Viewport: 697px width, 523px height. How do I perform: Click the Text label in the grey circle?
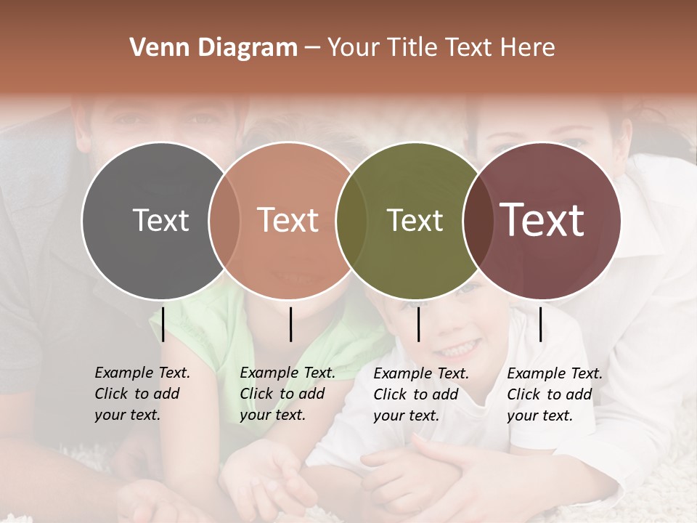160,220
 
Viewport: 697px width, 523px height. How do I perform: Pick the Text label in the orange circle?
288,220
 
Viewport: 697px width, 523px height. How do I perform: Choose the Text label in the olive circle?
415,220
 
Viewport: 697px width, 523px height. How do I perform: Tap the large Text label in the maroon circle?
542,220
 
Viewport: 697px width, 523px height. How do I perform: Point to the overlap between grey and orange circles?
224,220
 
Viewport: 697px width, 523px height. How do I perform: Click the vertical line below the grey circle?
163,324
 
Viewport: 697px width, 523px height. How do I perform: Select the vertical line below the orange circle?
290,324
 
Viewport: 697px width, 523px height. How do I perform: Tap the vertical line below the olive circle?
418,324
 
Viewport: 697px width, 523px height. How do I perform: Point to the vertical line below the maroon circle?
540,324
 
